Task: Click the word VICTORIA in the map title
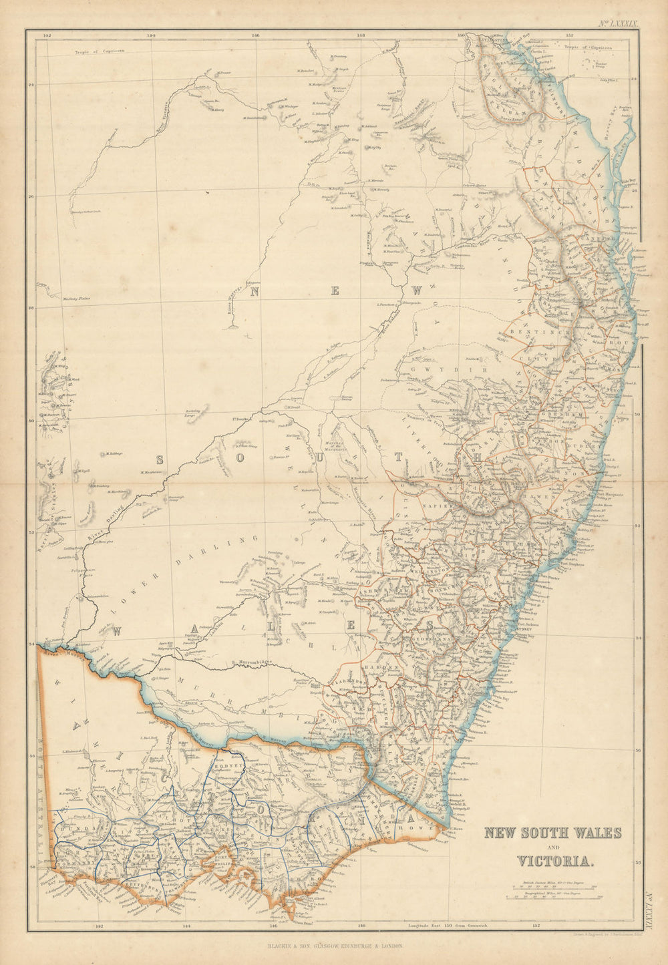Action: (x=552, y=861)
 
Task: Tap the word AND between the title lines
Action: (x=552, y=847)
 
